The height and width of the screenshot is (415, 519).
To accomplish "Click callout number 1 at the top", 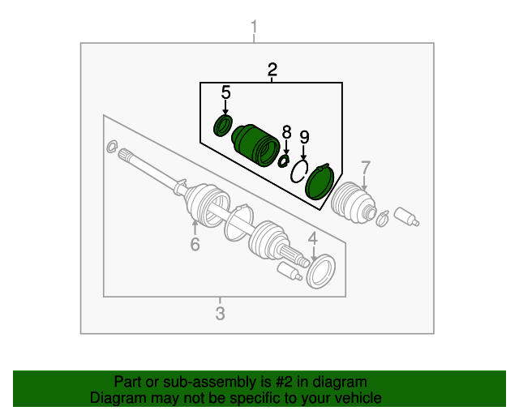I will (254, 31).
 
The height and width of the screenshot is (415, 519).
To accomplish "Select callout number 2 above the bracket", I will (272, 70).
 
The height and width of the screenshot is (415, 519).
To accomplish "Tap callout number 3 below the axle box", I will (220, 313).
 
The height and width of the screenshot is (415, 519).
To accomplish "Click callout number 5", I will (225, 92).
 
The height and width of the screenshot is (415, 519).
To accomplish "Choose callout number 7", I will (365, 168).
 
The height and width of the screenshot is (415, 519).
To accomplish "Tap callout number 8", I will (285, 131).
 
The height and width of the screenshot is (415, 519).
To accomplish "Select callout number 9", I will (304, 136).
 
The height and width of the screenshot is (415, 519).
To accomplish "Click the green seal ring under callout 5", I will (222, 126).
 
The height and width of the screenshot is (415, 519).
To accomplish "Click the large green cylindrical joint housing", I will (255, 143).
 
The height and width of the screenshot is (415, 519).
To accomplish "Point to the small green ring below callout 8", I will (284, 160).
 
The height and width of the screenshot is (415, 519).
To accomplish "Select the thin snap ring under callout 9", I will (300, 171).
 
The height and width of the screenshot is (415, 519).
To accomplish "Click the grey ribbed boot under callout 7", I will (354, 203).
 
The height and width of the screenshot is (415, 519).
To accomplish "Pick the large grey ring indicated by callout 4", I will (320, 270).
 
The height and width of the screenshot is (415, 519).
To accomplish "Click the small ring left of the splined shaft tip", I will (111, 147).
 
